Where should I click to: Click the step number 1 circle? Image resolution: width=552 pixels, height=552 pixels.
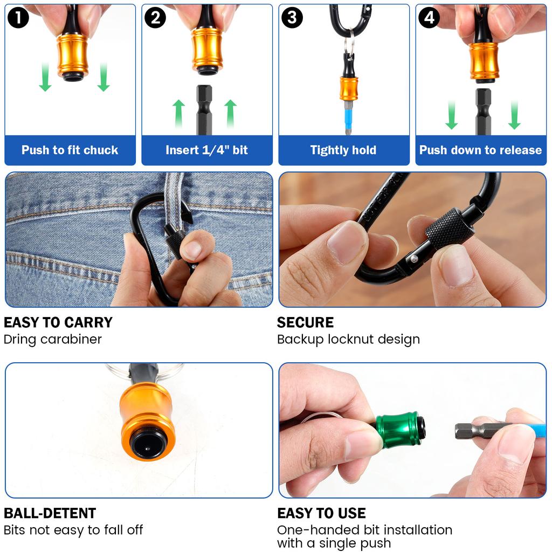[x=18, y=18]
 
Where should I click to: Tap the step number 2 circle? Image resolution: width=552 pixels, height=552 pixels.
[x=155, y=18]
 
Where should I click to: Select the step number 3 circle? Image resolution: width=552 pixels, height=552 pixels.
[x=292, y=18]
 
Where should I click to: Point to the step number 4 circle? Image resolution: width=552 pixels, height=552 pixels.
[x=429, y=18]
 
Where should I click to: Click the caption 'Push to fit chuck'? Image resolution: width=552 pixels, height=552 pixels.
[x=70, y=150]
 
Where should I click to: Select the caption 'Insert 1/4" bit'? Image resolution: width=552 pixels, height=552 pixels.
[x=206, y=150]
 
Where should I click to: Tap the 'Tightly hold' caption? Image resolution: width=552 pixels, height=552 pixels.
[x=343, y=150]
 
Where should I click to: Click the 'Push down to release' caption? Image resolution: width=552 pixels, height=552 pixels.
[x=480, y=150]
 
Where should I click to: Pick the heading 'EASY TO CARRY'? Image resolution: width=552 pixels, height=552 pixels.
[x=58, y=323]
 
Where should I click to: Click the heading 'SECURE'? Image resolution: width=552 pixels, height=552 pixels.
[x=305, y=323]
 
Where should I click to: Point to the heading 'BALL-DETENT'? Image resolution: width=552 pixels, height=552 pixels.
[x=50, y=513]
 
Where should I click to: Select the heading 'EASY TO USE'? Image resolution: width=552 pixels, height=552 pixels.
[x=321, y=513]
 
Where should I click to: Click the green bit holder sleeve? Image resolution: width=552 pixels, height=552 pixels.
[x=399, y=430]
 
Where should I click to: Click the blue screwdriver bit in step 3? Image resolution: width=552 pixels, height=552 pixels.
[x=348, y=116]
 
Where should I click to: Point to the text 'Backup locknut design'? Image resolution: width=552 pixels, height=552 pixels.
[x=348, y=340]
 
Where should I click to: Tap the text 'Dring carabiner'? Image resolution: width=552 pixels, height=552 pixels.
[x=53, y=340]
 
